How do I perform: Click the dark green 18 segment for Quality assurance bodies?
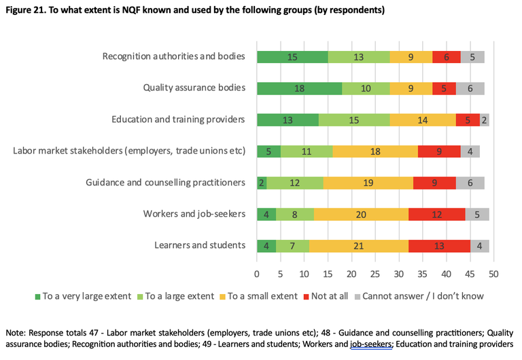[299, 88]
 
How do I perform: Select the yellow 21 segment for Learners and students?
[359, 245]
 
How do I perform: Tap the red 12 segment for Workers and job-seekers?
[436, 214]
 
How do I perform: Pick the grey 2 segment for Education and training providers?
[485, 120]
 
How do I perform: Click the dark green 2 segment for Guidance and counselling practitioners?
[262, 182]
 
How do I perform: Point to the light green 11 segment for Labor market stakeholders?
[307, 151]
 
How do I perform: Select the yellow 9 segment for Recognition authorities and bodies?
[411, 56]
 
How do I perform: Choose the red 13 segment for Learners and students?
[439, 245]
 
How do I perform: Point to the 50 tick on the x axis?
[493, 274]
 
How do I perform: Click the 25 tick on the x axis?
[375, 274]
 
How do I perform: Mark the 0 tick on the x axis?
[257, 274]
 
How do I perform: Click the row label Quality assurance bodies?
[194, 88]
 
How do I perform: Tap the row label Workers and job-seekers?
[194, 214]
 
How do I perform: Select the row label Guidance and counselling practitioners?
[165, 182]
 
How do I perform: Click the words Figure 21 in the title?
[27, 11]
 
